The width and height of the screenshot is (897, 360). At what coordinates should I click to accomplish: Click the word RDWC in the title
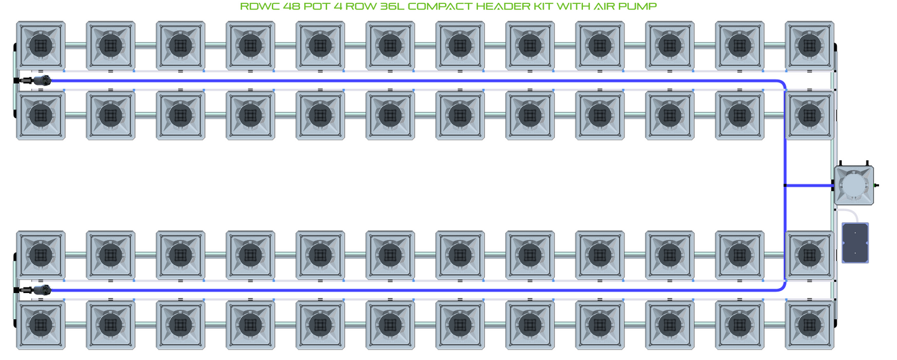(255, 7)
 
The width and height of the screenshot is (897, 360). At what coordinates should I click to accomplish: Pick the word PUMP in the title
(639, 7)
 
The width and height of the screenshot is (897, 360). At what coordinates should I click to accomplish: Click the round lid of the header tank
(854, 185)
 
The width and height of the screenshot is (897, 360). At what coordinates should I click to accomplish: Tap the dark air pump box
(855, 243)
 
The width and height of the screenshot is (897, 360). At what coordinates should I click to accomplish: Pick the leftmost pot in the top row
(40, 45)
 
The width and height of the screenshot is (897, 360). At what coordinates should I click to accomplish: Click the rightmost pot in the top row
(809, 45)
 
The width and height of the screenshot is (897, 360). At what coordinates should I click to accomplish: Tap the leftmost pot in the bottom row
(40, 325)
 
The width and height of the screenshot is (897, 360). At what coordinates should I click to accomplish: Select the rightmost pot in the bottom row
(809, 325)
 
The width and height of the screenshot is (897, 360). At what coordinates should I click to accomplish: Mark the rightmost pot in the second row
(809, 115)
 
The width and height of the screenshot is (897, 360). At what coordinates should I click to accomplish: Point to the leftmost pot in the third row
(40, 254)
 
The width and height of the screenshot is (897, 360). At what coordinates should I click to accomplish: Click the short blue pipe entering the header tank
(809, 185)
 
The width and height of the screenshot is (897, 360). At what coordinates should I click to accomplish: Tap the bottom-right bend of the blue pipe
(782, 287)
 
